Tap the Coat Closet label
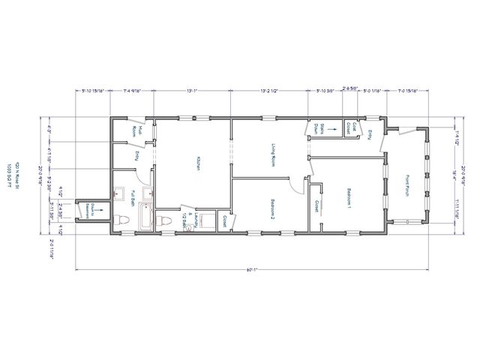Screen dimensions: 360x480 pos(349,128)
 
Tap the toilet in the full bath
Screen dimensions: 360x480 pos(121,220)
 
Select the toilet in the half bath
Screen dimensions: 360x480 pos(164,221)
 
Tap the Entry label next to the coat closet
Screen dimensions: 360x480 pos(370,133)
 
